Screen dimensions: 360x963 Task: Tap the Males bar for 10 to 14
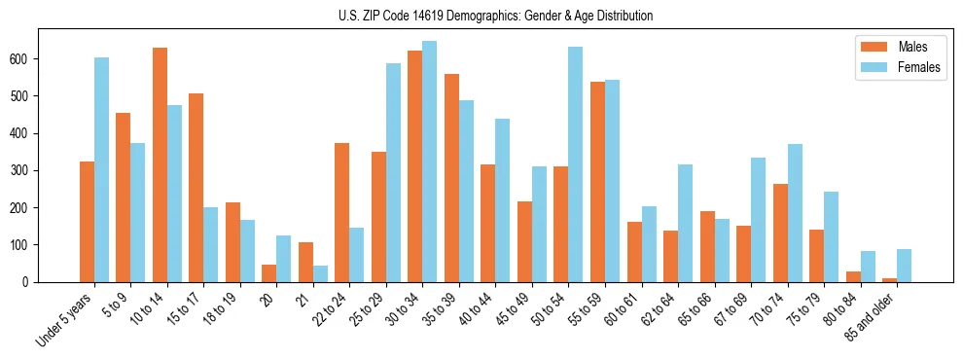coord(160,164)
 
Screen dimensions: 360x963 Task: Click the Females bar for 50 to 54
coord(576,164)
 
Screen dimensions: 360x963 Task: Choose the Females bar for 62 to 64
coord(685,223)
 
